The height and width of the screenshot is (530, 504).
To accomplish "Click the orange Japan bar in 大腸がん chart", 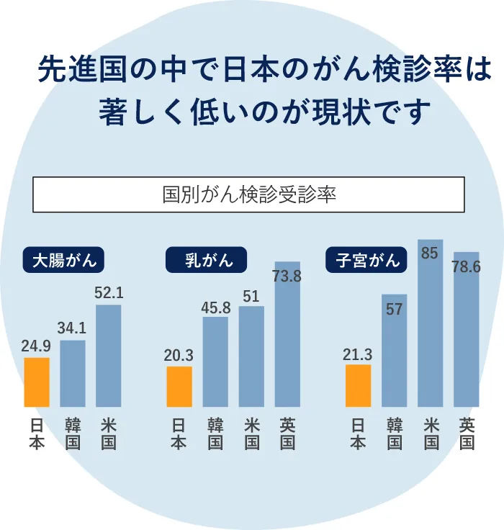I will pos(37,382).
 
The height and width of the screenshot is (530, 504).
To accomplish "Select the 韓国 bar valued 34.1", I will pos(73,374).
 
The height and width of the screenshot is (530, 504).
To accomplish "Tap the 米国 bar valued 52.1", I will pos(109,356).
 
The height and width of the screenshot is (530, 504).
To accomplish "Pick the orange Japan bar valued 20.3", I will pos(179,387).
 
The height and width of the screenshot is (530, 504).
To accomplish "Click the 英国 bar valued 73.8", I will pos(287,334).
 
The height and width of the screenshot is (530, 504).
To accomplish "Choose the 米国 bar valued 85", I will pos(430,323).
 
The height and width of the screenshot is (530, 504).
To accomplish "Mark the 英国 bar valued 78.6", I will pos(466,330).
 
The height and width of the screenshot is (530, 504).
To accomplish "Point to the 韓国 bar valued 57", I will pos(395,351).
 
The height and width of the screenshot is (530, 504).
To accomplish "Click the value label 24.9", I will pos(36,347).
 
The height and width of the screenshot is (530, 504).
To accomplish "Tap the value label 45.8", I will pos(215,307).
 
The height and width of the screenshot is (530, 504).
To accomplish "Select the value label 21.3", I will pos(358,354).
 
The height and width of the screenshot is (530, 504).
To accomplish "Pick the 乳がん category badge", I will pos(206,260).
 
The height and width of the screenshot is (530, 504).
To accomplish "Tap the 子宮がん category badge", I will pos(368,260).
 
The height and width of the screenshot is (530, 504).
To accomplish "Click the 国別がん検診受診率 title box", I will pos(249,194).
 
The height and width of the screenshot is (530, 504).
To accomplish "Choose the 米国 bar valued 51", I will pos(251,356).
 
